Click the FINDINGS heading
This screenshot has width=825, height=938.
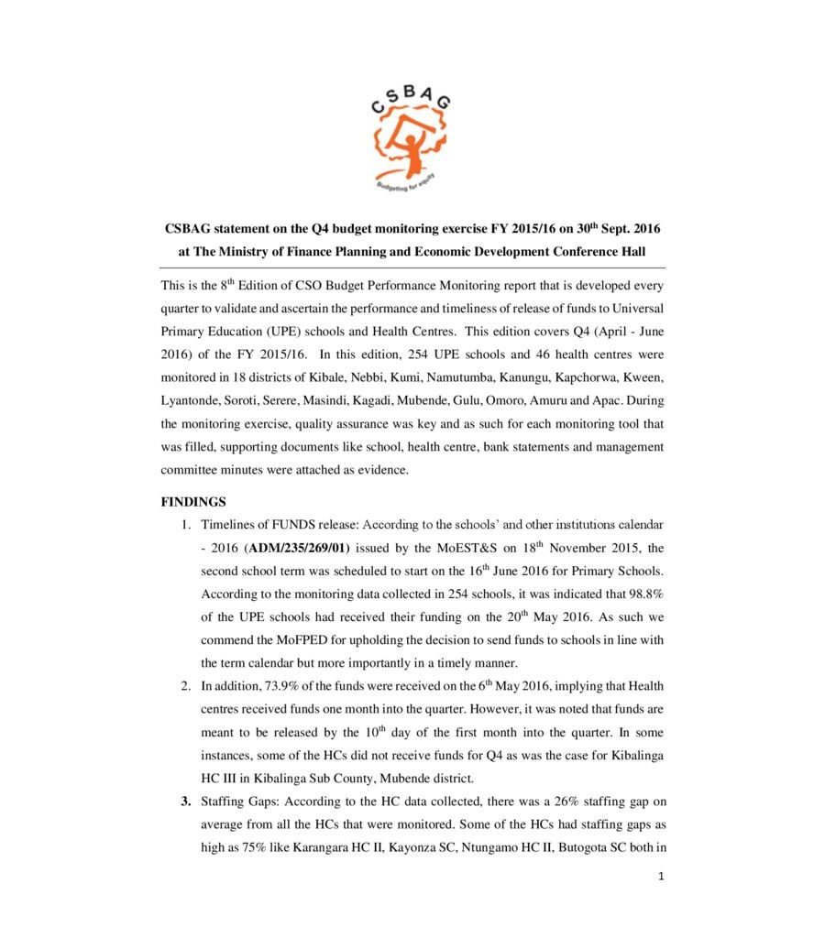193,501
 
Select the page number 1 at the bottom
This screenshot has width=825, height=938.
660,876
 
